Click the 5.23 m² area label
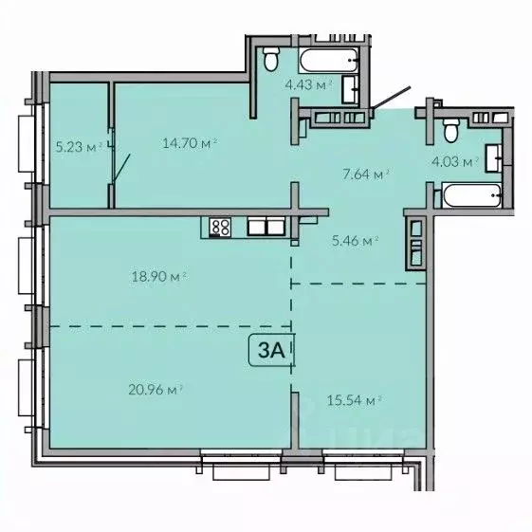coord(78,146)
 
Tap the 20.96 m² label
coord(154,387)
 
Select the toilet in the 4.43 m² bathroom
coord(270,61)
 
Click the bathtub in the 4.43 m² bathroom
coord(328,61)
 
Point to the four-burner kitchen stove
coord(220,227)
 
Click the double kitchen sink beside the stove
coord(266,227)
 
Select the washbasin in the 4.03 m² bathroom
coord(493,156)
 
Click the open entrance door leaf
coord(391,100)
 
